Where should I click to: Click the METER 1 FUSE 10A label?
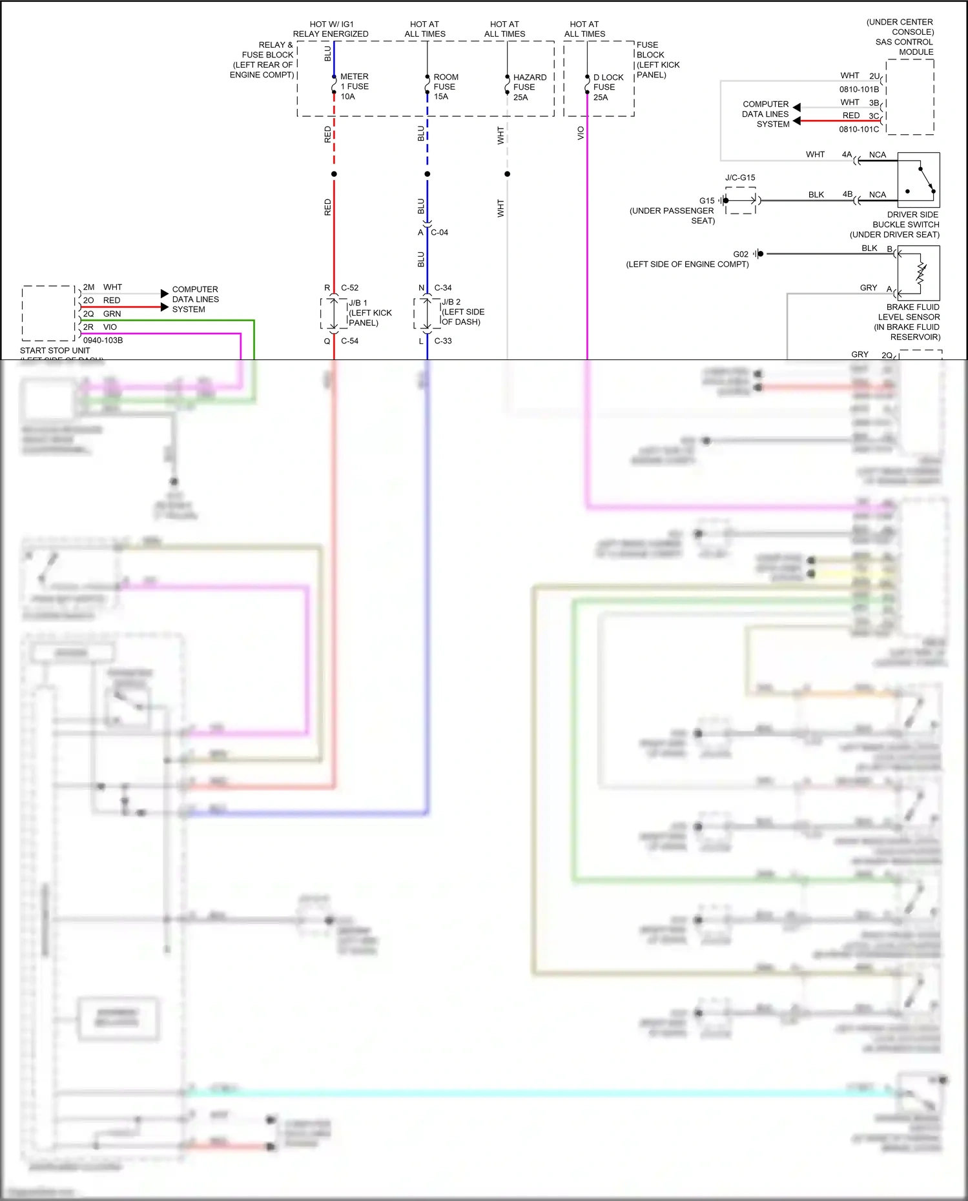tap(354, 86)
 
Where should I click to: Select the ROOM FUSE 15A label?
tap(446, 86)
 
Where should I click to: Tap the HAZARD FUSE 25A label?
tap(529, 87)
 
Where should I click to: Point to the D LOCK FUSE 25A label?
tap(608, 87)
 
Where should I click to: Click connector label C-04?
tap(439, 232)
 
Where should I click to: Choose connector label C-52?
tap(349, 288)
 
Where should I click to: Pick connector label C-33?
tap(443, 341)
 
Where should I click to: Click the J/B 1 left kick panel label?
tap(369, 313)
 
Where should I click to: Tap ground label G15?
tap(706, 201)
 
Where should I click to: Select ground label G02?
tap(740, 254)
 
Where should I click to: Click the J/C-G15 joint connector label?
tap(740, 177)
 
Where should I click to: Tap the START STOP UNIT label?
tap(55, 350)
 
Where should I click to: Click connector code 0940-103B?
tap(103, 340)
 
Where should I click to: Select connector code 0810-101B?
tap(858, 89)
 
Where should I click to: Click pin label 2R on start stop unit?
tap(88, 327)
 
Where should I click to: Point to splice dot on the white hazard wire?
tap(507, 174)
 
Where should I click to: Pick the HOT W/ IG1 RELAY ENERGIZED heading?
tap(331, 29)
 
